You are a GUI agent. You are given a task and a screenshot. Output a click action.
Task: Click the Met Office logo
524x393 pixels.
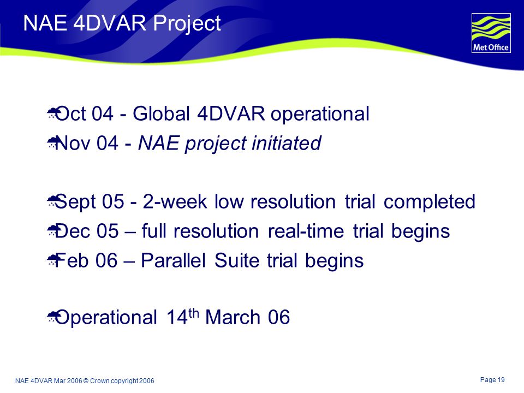point(491,33)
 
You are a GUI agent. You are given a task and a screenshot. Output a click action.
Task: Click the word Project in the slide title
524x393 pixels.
point(187,24)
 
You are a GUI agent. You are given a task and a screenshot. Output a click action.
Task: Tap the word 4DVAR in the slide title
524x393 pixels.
point(110,23)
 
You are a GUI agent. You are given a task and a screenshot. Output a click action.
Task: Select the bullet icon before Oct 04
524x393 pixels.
point(52,113)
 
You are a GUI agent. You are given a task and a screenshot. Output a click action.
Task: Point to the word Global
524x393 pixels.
point(162,114)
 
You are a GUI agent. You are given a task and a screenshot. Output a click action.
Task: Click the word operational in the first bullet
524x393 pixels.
point(320,114)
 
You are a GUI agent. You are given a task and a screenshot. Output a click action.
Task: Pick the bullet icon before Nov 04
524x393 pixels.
point(52,142)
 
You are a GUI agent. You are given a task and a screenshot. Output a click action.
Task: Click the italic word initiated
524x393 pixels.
point(287,143)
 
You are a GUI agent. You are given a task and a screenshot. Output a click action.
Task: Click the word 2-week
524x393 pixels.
point(175,201)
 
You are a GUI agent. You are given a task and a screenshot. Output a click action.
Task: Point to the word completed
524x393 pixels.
point(429,202)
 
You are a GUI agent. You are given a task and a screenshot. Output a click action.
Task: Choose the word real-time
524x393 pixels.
point(306,231)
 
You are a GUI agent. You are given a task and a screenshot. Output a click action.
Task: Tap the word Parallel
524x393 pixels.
point(173,260)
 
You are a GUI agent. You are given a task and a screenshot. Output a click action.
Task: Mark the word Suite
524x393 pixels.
point(236,260)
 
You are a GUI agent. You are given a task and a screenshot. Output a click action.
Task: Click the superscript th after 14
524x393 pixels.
point(193,313)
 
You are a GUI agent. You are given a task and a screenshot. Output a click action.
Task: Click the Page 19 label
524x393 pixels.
point(492,380)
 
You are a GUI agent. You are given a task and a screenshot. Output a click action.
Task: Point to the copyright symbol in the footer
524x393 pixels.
point(86,381)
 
